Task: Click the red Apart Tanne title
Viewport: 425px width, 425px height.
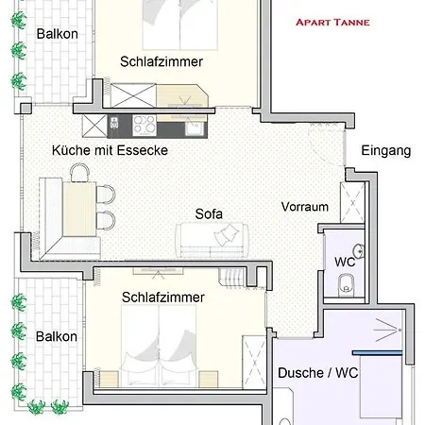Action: pos(332,22)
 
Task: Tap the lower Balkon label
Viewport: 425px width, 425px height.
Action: pos(56,336)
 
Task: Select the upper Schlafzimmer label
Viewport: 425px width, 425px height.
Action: pos(162,61)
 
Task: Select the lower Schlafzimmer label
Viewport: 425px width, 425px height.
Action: pos(163,297)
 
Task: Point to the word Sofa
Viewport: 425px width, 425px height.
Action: pos(209,213)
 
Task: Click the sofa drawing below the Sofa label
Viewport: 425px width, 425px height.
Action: pos(212,240)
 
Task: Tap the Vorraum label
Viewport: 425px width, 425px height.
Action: pos(304,207)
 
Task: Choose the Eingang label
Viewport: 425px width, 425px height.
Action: pos(386,150)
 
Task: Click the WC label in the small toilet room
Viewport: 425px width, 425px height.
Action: pos(344,262)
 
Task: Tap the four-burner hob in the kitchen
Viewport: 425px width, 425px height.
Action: pos(145,124)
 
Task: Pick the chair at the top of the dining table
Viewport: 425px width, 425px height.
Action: pos(79,172)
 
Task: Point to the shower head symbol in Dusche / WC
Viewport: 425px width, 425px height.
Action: pos(383,334)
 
